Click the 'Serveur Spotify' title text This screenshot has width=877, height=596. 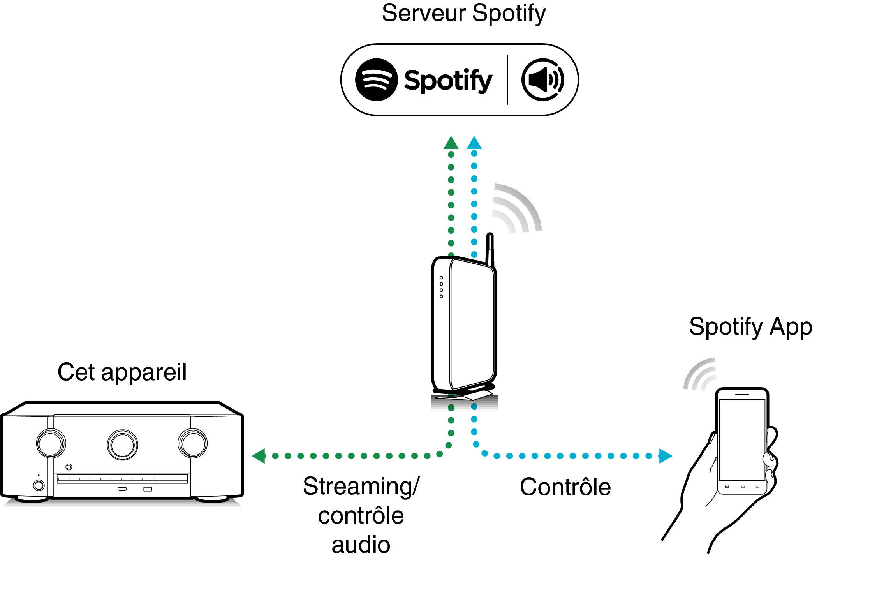[463, 13]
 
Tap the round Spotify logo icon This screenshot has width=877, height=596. [376, 80]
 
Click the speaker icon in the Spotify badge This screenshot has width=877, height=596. [542, 80]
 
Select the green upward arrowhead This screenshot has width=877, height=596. [451, 143]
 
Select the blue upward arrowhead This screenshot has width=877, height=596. [474, 143]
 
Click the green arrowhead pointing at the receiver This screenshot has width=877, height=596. [259, 456]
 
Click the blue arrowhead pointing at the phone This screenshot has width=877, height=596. [665, 456]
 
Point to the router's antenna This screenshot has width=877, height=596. [490, 249]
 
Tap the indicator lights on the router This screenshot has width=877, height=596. [441, 287]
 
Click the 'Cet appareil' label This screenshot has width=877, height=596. [122, 372]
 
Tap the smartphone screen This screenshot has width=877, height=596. [742, 439]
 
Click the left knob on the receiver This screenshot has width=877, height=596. [51, 443]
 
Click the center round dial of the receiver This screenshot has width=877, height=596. [122, 445]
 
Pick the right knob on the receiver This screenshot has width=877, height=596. [192, 443]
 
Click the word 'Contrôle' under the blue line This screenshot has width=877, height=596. [565, 487]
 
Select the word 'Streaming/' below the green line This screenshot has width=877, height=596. [361, 487]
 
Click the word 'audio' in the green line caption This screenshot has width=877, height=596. [361, 545]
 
